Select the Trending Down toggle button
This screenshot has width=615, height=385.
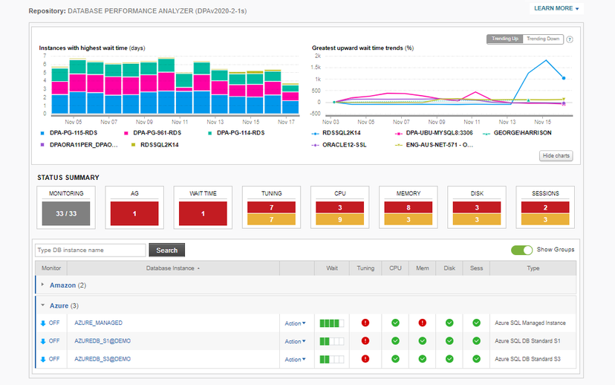pyautogui.click(x=543, y=39)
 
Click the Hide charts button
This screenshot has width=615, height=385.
pyautogui.click(x=556, y=155)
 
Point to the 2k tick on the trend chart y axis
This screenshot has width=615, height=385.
pyautogui.click(x=317, y=56)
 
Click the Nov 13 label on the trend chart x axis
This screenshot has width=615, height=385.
pyautogui.click(x=507, y=121)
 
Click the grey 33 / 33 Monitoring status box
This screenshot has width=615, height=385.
pyautogui.click(x=66, y=213)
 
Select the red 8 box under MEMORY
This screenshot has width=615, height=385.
pyautogui.click(x=408, y=207)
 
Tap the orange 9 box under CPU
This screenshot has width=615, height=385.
pyautogui.click(x=339, y=219)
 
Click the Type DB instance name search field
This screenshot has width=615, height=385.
pyautogui.click(x=91, y=250)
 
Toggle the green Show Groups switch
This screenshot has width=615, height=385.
pyautogui.click(x=522, y=250)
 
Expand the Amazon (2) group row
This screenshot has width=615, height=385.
pyautogui.click(x=63, y=285)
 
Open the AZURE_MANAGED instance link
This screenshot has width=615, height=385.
pyautogui.click(x=98, y=323)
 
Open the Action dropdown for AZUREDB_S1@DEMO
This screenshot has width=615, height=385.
pyautogui.click(x=295, y=341)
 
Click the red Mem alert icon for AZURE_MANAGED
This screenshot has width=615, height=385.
pyautogui.click(x=422, y=323)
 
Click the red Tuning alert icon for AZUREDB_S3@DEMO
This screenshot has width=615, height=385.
pyautogui.click(x=365, y=359)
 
